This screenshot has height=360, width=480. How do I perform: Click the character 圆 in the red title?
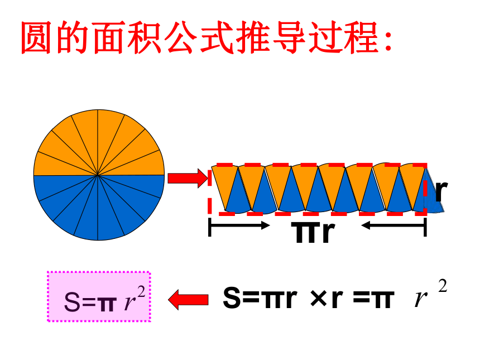pos(36,37)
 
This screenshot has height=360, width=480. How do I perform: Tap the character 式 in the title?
pos(217,37)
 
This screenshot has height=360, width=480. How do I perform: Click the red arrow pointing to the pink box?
pos(188,300)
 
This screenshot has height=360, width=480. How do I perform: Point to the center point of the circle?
pos(98,175)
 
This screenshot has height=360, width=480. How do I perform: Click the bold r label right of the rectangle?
pos(441,191)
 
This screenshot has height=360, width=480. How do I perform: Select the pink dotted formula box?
pos(99,296)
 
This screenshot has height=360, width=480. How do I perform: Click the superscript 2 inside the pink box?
pos(141,292)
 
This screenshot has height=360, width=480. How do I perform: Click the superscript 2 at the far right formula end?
pos(443,286)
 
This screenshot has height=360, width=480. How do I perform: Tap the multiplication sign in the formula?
pos(319,298)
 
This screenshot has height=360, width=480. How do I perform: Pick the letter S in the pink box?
pos(72,302)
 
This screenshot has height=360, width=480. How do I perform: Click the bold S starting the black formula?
pos(232,297)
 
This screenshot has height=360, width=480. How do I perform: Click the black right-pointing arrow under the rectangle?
pos(239,225)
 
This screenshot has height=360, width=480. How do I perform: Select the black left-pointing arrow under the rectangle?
pos(394,225)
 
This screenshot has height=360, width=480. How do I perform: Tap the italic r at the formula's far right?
pos(421,298)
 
